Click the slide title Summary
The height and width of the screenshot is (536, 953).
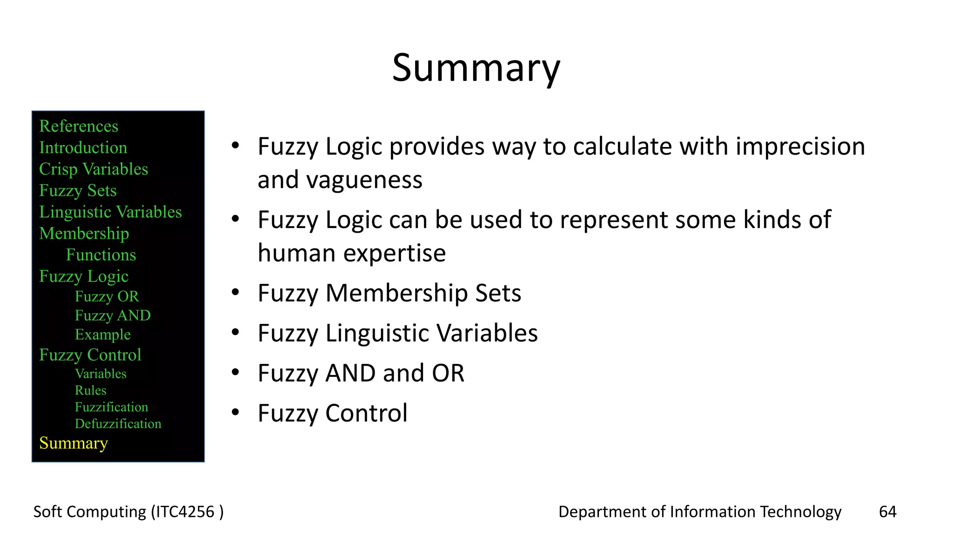(476, 68)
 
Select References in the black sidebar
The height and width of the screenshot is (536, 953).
(79, 126)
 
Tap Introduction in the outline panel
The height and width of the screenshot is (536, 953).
(83, 147)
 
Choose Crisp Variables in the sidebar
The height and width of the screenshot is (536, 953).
(94, 169)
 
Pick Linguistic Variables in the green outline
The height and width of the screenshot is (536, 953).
(110, 212)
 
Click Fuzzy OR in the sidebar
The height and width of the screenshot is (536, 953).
(107, 296)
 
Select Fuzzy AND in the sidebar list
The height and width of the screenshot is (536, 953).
(113, 315)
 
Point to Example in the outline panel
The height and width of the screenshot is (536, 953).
(102, 335)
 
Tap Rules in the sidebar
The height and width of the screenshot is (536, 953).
(90, 390)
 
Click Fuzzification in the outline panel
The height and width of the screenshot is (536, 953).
(111, 407)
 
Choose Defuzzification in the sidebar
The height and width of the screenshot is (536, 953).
(118, 424)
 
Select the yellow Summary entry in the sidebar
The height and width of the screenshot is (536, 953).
(74, 443)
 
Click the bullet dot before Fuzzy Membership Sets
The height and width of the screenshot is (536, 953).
(235, 292)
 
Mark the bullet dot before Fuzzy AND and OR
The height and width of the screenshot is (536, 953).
(235, 372)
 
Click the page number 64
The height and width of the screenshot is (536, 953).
(887, 512)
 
